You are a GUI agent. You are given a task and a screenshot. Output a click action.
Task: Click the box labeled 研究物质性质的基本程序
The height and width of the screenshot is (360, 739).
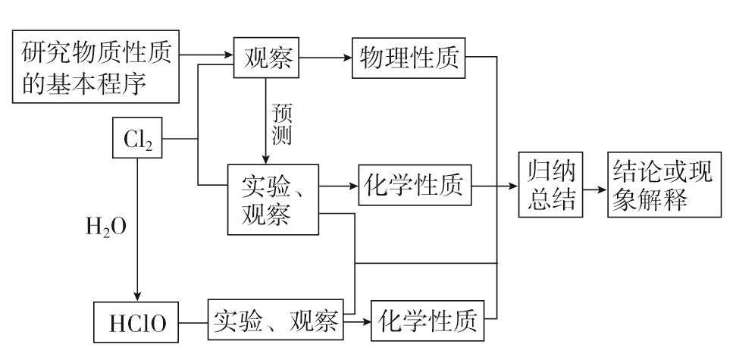[96, 68]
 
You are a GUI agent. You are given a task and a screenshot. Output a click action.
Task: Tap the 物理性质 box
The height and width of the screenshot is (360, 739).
[409, 58]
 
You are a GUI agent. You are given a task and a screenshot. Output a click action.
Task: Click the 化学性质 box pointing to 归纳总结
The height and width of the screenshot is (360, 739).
[415, 184]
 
